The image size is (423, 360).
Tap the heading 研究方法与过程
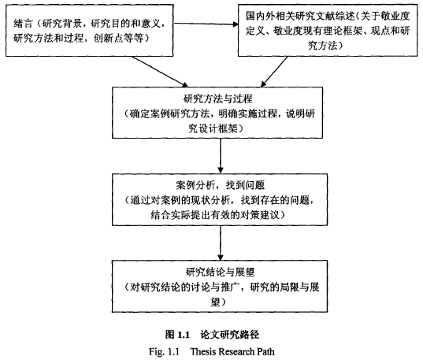point(217,98)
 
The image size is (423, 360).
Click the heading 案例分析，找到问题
point(220,185)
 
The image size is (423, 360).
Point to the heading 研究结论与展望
point(220,272)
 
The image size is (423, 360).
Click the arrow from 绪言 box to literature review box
point(206,24)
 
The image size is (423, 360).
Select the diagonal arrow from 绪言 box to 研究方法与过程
point(159,72)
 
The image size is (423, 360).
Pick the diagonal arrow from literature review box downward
point(274,72)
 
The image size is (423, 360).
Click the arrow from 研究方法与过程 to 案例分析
point(221,156)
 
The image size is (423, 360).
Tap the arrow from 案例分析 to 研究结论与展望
point(221,243)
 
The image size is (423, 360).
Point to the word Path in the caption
point(265,351)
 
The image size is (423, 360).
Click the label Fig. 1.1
point(164,351)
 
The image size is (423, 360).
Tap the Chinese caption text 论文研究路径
point(229,335)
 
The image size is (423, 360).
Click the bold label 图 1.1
point(178,335)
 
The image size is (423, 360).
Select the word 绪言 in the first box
point(24,24)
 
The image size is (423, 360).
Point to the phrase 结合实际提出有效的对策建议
point(215,215)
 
